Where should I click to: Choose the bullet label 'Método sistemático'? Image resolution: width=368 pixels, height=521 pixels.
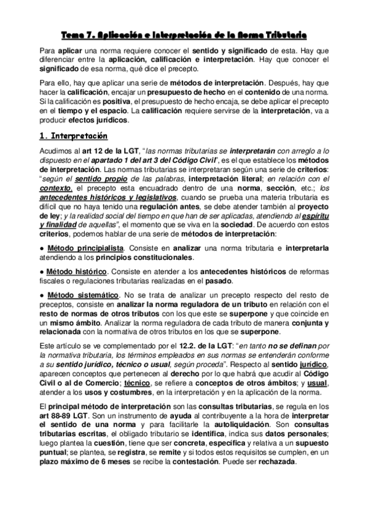[74, 297]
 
